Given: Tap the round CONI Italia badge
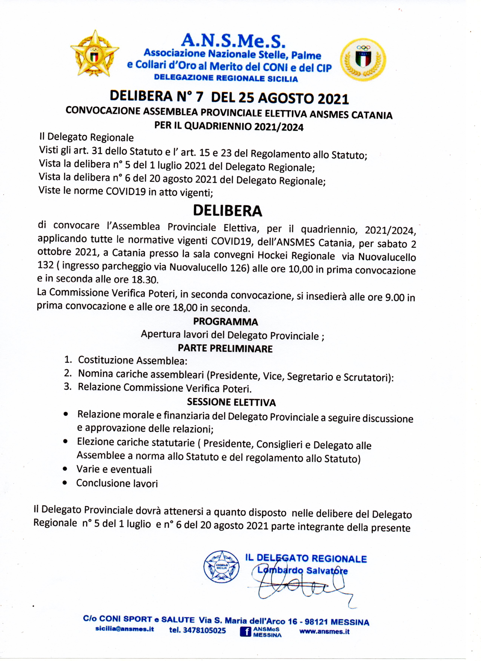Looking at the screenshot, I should pyautogui.click(x=363, y=59).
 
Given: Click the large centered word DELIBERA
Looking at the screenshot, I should pyautogui.click(x=228, y=211).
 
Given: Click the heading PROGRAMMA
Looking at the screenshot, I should pyautogui.click(x=226, y=322).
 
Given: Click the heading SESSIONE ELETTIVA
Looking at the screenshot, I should pyautogui.click(x=231, y=403).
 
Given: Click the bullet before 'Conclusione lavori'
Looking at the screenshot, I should pyautogui.click(x=65, y=483).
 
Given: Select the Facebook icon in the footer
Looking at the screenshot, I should pyautogui.click(x=245, y=632).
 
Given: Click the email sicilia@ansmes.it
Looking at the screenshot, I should pyautogui.click(x=125, y=629).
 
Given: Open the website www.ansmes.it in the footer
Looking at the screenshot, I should pyautogui.click(x=324, y=632).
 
